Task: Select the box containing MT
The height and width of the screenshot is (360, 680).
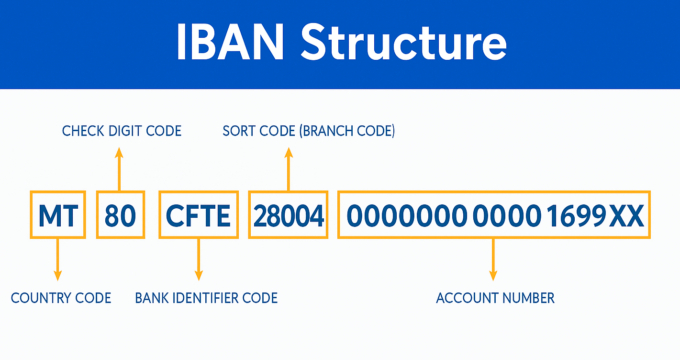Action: pos(58,215)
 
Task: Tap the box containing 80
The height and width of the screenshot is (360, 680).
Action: pos(121,215)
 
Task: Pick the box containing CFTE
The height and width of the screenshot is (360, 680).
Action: pos(199,215)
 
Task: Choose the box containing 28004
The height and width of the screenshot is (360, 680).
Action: pos(288,215)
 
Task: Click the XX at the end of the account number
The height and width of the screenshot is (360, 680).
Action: pos(626,216)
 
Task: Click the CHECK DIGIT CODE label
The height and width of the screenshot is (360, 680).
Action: pos(122,131)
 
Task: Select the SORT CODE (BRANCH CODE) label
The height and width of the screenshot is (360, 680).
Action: pos(309,131)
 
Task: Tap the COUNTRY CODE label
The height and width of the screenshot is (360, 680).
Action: pos(61,298)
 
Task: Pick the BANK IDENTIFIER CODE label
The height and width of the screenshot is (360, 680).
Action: pos(206,298)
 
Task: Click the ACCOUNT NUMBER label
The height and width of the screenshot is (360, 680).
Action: pos(495,298)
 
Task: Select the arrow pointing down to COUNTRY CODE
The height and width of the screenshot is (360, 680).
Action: pos(57,259)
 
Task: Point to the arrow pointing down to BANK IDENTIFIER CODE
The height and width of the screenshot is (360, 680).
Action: pos(199,259)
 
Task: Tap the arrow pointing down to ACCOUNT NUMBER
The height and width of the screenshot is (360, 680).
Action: pos(493,259)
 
